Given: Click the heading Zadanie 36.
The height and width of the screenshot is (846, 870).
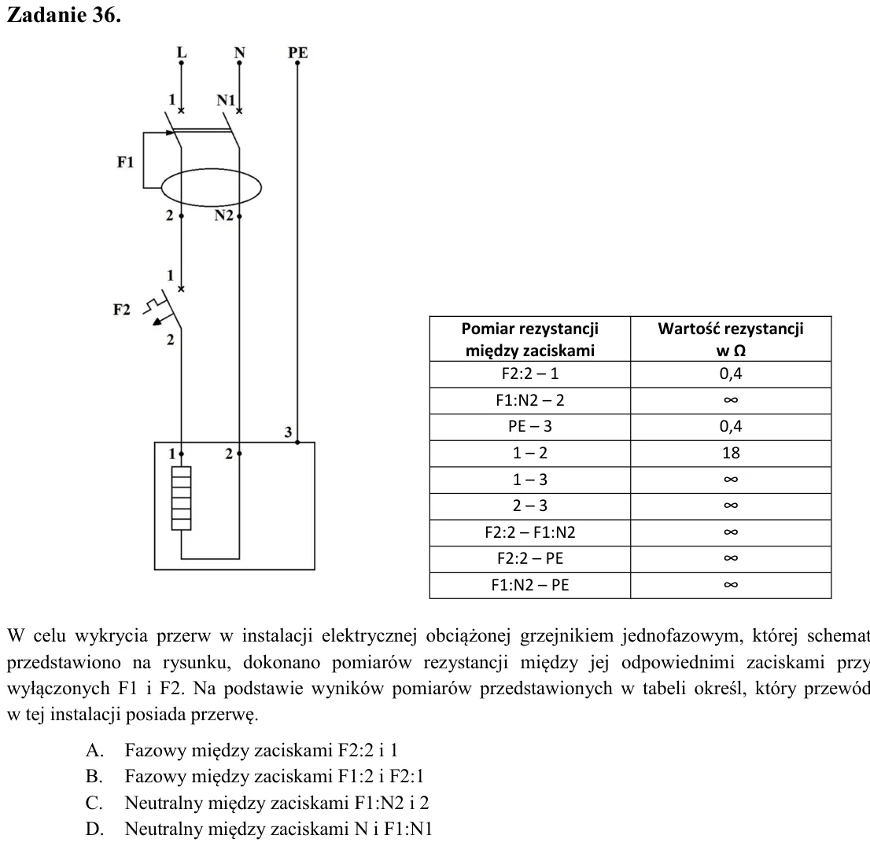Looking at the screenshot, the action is tap(64, 15).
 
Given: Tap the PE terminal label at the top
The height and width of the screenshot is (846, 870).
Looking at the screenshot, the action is tap(297, 53).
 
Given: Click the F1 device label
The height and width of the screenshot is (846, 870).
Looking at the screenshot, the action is tap(125, 162).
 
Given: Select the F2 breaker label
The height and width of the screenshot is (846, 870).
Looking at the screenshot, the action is tap(121, 310).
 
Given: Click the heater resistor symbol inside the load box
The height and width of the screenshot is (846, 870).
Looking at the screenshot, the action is tap(182, 498).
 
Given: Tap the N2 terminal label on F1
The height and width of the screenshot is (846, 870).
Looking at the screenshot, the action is tap(224, 215).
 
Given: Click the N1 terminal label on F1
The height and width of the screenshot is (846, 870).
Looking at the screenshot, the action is tap(226, 101).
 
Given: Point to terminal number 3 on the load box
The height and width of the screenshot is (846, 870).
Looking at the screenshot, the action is tap(288, 432).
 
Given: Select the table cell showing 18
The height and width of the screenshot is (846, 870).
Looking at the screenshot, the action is tap(731, 453).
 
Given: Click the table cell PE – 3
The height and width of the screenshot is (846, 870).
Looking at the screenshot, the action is tap(530, 427).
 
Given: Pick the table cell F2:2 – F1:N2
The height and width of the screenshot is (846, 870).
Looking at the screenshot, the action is tap(530, 532).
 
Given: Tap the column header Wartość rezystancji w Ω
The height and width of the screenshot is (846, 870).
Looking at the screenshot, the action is tap(731, 340).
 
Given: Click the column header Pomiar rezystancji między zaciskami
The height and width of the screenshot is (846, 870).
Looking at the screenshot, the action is tap(530, 340).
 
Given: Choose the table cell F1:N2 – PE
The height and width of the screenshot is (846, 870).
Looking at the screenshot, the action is tap(530, 585).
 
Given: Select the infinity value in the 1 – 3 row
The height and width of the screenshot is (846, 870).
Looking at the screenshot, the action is tap(731, 480).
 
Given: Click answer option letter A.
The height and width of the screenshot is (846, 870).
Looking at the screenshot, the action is tap(94, 751).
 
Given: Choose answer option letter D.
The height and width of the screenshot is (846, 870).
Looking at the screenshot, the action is tap(94, 829).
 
